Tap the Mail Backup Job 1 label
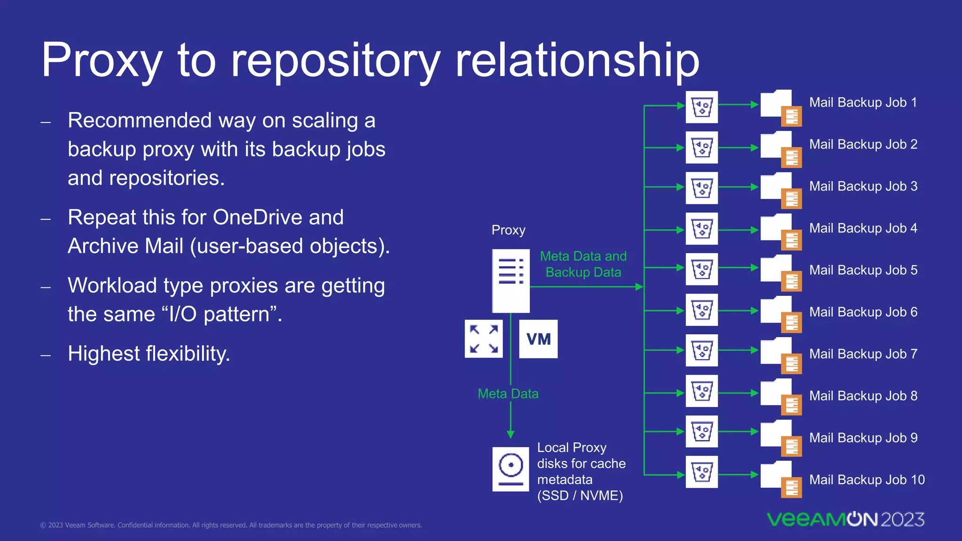(863, 102)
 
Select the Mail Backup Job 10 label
(867, 479)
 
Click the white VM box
(538, 339)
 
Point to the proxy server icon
(511, 281)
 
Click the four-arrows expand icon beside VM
(484, 339)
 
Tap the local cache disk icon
(511, 469)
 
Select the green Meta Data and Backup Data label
(583, 264)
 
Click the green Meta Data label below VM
(508, 394)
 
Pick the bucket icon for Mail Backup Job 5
(702, 269)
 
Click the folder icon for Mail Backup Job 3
(780, 189)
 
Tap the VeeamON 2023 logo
(846, 519)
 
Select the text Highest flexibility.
(149, 354)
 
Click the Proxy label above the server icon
(508, 230)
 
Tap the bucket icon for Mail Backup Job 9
(702, 431)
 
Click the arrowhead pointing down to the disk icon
(511, 434)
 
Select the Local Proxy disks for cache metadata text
(581, 471)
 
